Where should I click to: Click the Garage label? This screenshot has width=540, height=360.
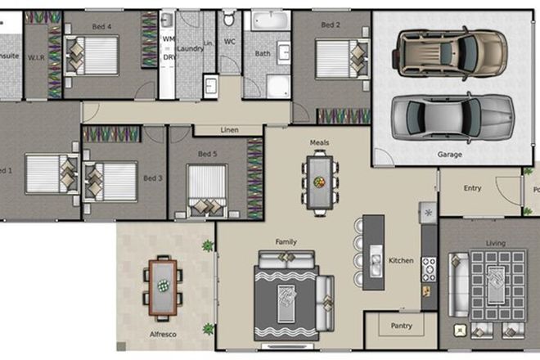click(449, 154)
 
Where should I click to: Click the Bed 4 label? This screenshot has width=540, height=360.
click(102, 26)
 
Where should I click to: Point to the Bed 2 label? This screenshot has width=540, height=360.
click(330, 25)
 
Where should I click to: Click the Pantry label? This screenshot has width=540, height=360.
click(401, 326)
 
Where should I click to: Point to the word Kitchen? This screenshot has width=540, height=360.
click(401, 261)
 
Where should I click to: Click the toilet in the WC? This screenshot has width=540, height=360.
click(229, 20)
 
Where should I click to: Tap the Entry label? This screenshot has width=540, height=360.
click(472, 188)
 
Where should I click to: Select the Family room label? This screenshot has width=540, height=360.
click(286, 242)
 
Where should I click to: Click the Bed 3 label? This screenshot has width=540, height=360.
click(151, 178)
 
